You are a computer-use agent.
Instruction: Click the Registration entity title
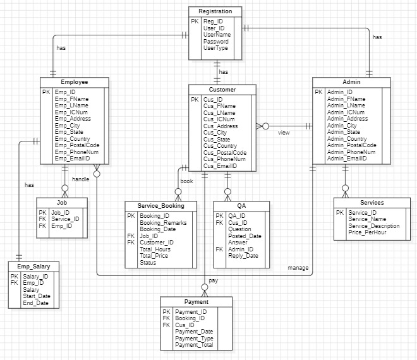coord(215,11)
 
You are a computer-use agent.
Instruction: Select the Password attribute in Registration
coord(216,41)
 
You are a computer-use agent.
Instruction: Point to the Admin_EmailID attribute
coord(347,159)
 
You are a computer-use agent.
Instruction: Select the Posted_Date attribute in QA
coord(244,236)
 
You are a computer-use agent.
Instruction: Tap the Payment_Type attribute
coord(194,339)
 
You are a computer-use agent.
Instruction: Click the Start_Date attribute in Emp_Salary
coord(37,296)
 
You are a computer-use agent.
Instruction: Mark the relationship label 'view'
coord(284,133)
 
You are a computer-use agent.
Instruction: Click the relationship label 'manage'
coord(298,268)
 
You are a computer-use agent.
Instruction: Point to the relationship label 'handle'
coord(80,179)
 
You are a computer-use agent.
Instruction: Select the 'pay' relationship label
coord(213,280)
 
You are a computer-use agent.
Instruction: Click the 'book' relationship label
coord(186,181)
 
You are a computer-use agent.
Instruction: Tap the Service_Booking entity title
coord(161,206)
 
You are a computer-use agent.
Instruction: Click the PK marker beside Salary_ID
coord(14,276)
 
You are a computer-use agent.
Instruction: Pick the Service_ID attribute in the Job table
coord(65,219)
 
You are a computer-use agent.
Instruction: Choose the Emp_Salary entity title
coord(33,266)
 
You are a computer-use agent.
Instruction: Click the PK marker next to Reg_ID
coord(195,21)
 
